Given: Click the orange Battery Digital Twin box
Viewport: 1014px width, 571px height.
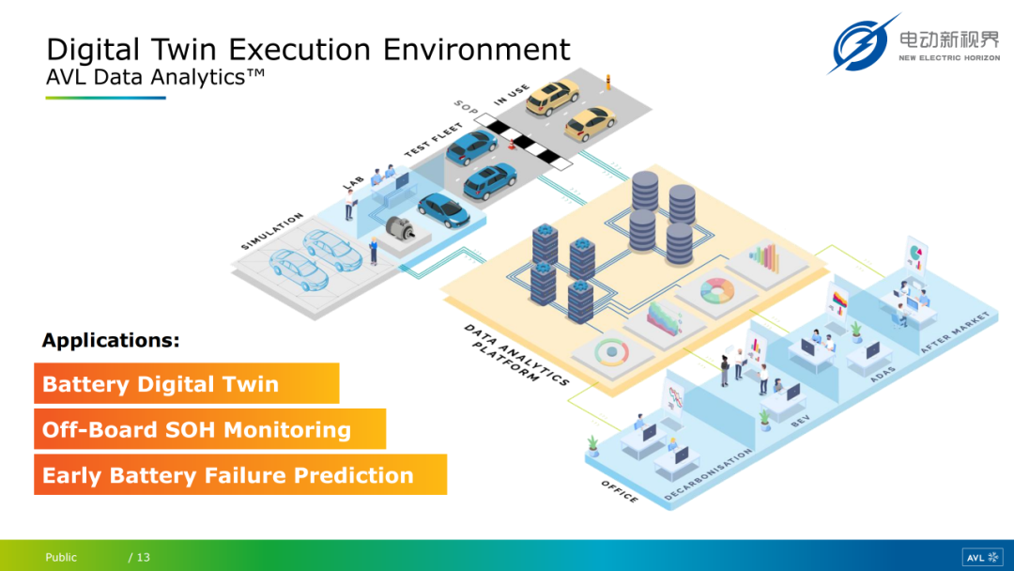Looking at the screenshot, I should pos(186,384).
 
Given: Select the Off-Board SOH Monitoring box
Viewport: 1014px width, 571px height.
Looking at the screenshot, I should pos(209,430).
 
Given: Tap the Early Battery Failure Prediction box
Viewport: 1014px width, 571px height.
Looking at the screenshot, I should pos(239,475).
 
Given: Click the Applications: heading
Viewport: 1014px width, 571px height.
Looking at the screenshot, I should pos(111,340).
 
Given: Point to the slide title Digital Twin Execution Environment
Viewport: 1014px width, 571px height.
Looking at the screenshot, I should pos(308,49).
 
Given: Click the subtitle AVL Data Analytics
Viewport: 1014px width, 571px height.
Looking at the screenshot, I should pos(155,78).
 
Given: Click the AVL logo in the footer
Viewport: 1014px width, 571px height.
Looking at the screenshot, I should pos(982,557).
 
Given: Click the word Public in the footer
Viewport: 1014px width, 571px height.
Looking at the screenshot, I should pos(61,558).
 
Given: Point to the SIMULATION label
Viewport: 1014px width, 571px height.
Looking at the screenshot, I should pos(272,231).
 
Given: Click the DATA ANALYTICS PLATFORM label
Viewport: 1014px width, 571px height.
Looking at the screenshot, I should pos(515,354).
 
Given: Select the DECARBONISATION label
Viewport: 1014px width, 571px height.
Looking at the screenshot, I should pos(708,474).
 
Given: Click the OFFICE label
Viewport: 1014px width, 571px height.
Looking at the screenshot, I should pos(621,490).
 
